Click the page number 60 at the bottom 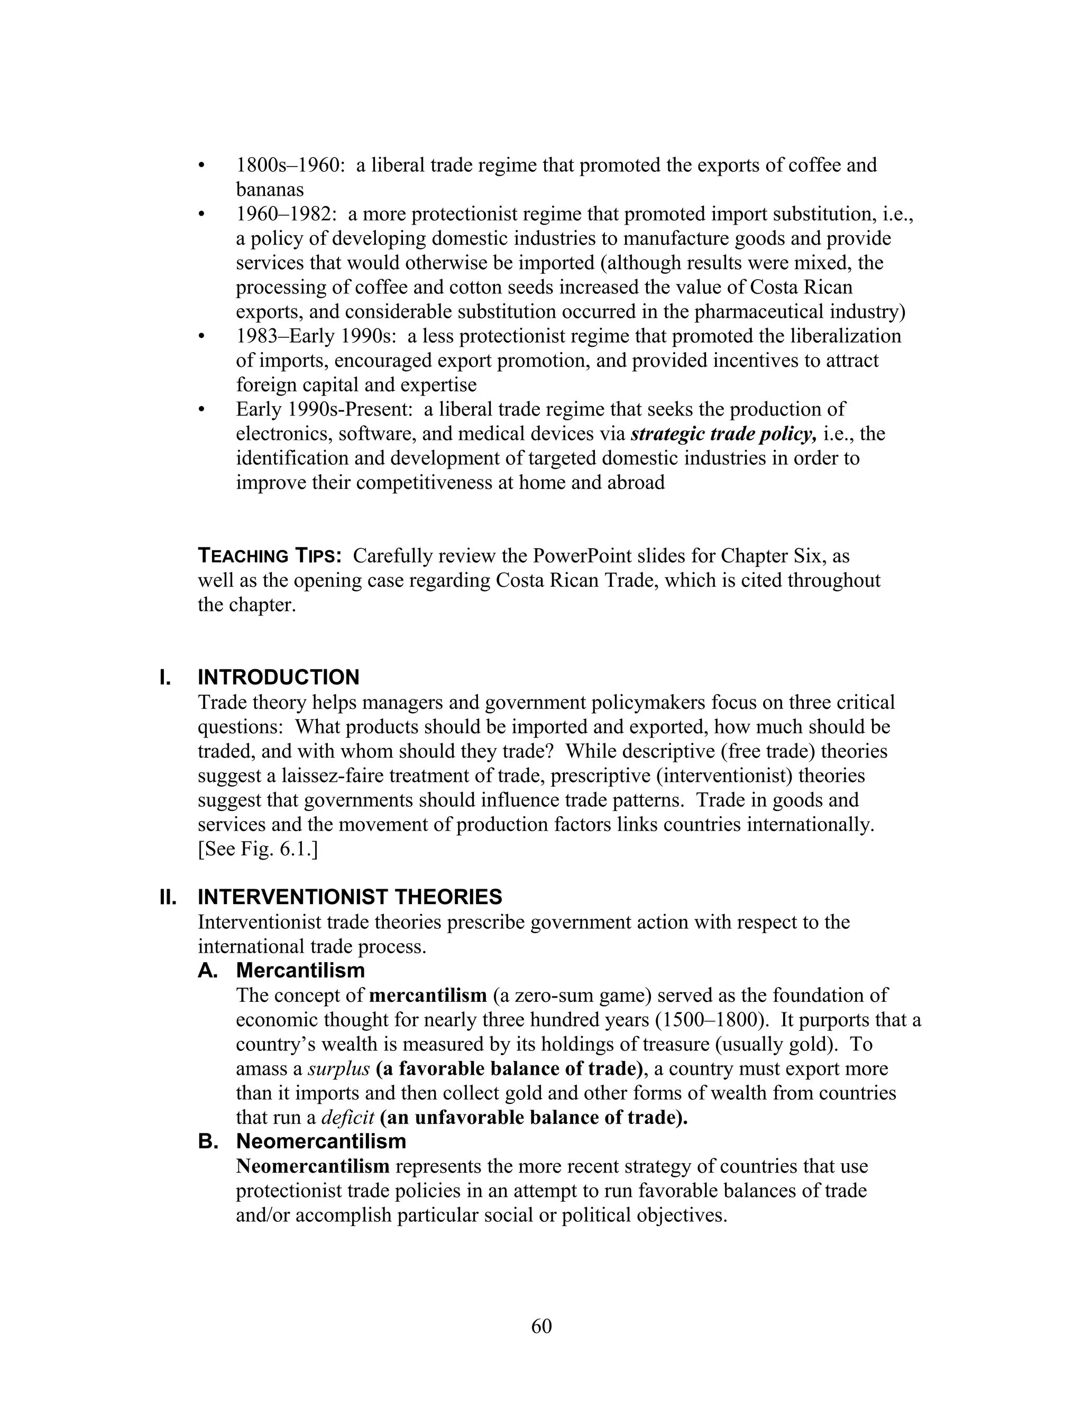(x=541, y=1326)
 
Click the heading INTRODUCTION (x=279, y=677)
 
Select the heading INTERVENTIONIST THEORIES (x=350, y=897)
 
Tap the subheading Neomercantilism (x=321, y=1141)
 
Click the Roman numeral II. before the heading (x=168, y=897)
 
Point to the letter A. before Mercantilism (x=208, y=971)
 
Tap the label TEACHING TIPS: (x=270, y=556)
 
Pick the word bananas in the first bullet (x=270, y=190)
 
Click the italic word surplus (x=339, y=1068)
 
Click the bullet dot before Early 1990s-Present (x=201, y=410)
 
